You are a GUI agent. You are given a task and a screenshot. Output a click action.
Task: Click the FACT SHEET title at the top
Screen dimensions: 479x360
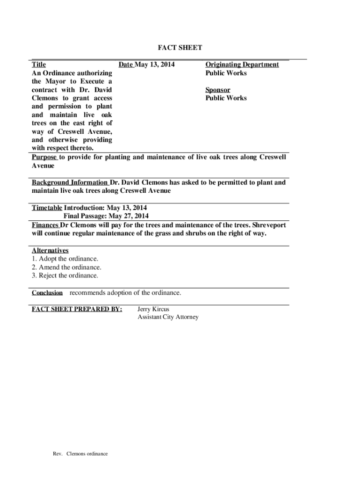coord(180,48)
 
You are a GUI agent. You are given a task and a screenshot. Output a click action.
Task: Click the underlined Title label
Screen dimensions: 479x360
coord(38,65)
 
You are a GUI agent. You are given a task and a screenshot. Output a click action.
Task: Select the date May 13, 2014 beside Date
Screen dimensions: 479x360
coord(155,65)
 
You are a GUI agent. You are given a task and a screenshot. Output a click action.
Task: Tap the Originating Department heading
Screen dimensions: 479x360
coord(242,65)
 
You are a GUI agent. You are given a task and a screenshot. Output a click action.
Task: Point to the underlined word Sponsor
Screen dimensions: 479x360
coord(218,90)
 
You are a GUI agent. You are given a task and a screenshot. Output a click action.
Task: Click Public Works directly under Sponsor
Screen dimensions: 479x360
coord(226,98)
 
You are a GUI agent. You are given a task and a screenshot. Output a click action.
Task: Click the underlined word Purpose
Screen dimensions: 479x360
coord(44,157)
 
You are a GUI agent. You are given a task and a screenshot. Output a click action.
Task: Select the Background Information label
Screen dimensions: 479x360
coord(70,182)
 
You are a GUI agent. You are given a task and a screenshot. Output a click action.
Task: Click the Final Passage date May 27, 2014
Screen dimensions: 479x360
coord(129,216)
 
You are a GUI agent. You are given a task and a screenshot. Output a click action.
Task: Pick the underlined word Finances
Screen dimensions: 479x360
coord(45,225)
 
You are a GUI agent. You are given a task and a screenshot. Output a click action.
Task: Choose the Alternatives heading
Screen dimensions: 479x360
coord(50,251)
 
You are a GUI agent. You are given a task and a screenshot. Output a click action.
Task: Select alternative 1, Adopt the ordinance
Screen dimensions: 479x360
coord(65,259)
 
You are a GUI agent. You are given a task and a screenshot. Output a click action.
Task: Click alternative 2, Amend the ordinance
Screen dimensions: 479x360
coord(66,267)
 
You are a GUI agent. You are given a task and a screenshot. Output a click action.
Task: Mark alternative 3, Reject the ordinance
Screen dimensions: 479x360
coord(65,276)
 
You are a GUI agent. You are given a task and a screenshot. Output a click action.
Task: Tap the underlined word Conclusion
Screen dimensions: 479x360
coord(47,293)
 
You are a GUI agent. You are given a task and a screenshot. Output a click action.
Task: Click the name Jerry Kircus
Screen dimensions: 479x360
coord(153,309)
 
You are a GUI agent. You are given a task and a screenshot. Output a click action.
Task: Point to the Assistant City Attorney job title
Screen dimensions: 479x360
coord(168,317)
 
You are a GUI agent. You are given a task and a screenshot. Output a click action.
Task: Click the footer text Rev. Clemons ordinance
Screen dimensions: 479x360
coord(80,454)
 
